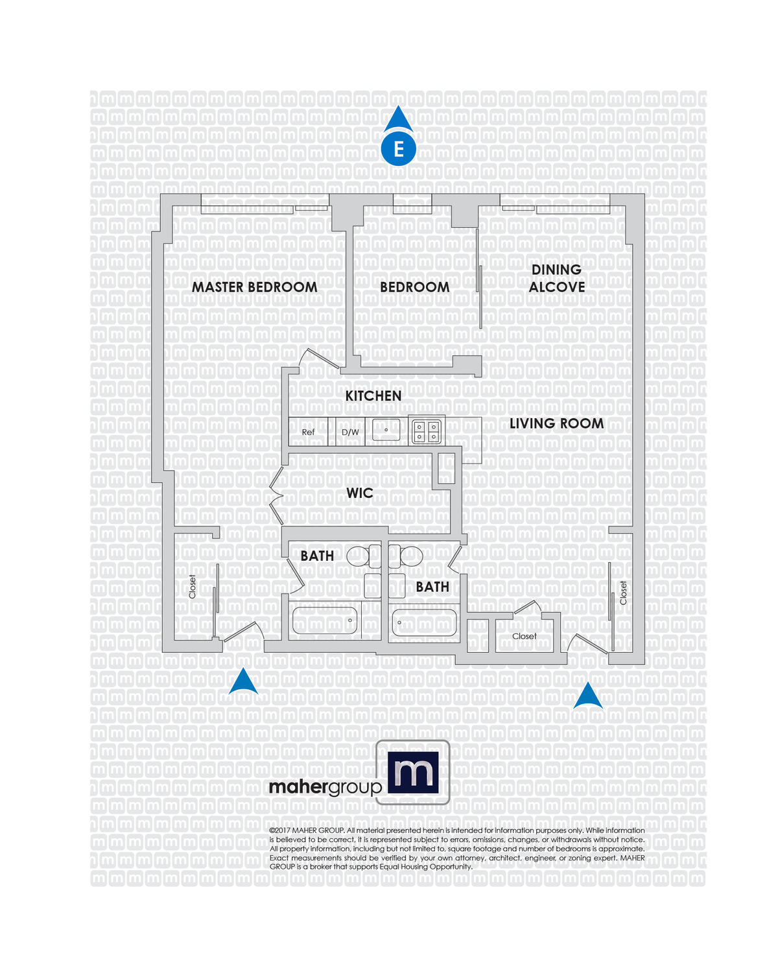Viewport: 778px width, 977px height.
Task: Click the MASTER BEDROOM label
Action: (x=254, y=287)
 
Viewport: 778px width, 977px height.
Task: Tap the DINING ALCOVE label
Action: (x=556, y=278)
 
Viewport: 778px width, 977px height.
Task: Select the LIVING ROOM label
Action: (x=556, y=423)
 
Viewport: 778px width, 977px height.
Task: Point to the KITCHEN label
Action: (x=373, y=396)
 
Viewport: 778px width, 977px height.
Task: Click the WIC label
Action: (x=360, y=493)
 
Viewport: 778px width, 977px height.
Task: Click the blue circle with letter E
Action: (x=398, y=149)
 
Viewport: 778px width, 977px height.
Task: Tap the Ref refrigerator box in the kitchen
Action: (x=308, y=432)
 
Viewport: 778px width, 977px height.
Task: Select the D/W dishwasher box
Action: (x=350, y=432)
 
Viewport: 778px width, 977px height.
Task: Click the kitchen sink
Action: (x=386, y=430)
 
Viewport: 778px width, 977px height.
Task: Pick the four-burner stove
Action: (x=427, y=431)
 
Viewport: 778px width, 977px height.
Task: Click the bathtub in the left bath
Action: (x=325, y=620)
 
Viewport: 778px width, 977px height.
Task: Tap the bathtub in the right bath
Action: (x=424, y=622)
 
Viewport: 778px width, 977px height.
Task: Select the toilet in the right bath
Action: (x=407, y=556)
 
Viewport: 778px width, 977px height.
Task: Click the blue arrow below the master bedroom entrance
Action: (x=243, y=683)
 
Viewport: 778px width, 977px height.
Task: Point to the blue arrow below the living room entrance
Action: (x=589, y=696)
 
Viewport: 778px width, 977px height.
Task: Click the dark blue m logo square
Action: (x=413, y=772)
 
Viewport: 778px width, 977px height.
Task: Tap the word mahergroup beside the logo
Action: (x=325, y=787)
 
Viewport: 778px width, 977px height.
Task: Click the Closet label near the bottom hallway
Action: (x=525, y=636)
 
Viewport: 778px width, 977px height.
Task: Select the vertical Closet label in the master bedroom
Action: (x=192, y=587)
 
